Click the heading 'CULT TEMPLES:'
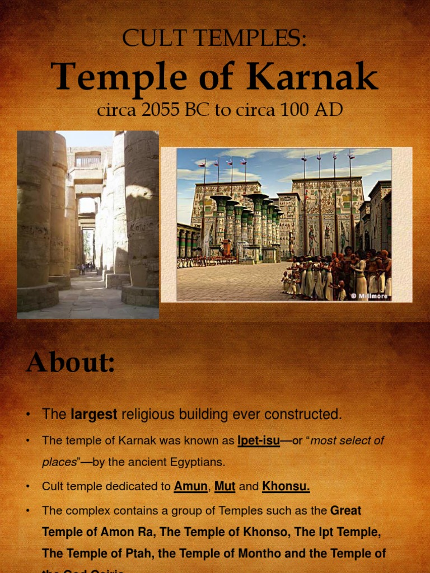point(214,39)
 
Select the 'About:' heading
point(70,363)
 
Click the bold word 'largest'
point(94,415)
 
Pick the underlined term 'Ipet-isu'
point(258,440)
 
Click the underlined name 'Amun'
point(190,486)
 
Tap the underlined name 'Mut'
point(225,486)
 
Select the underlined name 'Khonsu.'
point(286,486)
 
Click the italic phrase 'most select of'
point(347,440)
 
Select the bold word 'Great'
point(345,510)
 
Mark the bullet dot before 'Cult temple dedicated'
point(27,487)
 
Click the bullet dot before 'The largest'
point(27,415)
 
